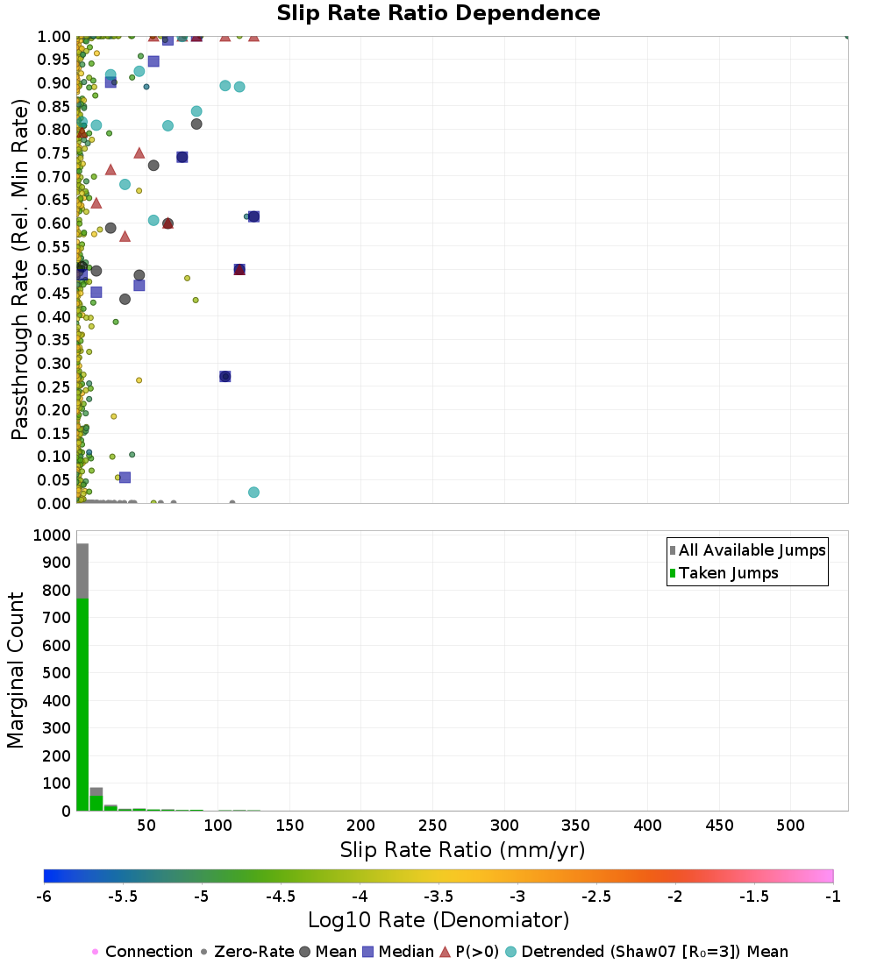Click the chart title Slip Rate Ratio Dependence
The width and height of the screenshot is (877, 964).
438,13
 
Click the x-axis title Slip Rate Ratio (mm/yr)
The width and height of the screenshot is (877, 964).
462,850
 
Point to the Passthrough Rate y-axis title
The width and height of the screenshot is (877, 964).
19,269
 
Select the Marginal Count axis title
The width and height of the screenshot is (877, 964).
15,670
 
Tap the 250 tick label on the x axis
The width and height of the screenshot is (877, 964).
432,825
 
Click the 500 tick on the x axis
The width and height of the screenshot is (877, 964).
790,825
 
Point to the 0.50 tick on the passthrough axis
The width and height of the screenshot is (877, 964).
54,270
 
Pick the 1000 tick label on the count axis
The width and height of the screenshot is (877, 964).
52,535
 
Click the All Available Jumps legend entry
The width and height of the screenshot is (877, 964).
748,550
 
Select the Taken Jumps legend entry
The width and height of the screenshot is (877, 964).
724,573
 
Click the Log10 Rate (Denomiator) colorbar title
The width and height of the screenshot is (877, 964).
438,919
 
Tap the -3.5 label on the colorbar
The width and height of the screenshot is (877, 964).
438,897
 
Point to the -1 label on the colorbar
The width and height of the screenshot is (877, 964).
832,897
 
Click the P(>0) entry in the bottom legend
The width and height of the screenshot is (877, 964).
469,952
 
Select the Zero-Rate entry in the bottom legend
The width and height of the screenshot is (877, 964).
247,952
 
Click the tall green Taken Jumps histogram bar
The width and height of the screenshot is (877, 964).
82,705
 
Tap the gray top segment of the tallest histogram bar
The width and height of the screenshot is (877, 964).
82,571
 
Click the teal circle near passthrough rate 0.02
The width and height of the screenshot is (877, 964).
253,493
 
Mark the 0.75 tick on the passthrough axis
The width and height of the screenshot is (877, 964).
54,153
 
